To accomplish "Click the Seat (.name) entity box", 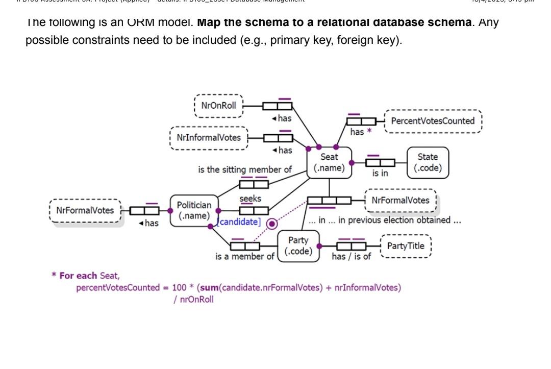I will (x=329, y=162).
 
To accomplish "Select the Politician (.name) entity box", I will (x=194, y=210).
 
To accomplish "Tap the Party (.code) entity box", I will (x=298, y=246).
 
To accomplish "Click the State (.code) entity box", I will (x=428, y=162).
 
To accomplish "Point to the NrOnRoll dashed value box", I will (x=219, y=106).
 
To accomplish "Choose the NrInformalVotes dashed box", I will (x=209, y=138).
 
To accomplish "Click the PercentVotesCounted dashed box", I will (x=432, y=121).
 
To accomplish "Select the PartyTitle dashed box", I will (x=406, y=246).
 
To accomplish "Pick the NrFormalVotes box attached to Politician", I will (x=85, y=210).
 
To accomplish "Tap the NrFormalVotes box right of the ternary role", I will (x=400, y=201).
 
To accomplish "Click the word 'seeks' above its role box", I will (x=250, y=199).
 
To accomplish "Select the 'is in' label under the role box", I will (x=380, y=174).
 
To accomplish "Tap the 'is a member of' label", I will (x=244, y=257).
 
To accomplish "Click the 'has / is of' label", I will (x=351, y=257).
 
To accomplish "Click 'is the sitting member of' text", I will (x=245, y=169).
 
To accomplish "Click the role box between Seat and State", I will (x=381, y=163).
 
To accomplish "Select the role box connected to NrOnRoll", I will (x=278, y=106).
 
